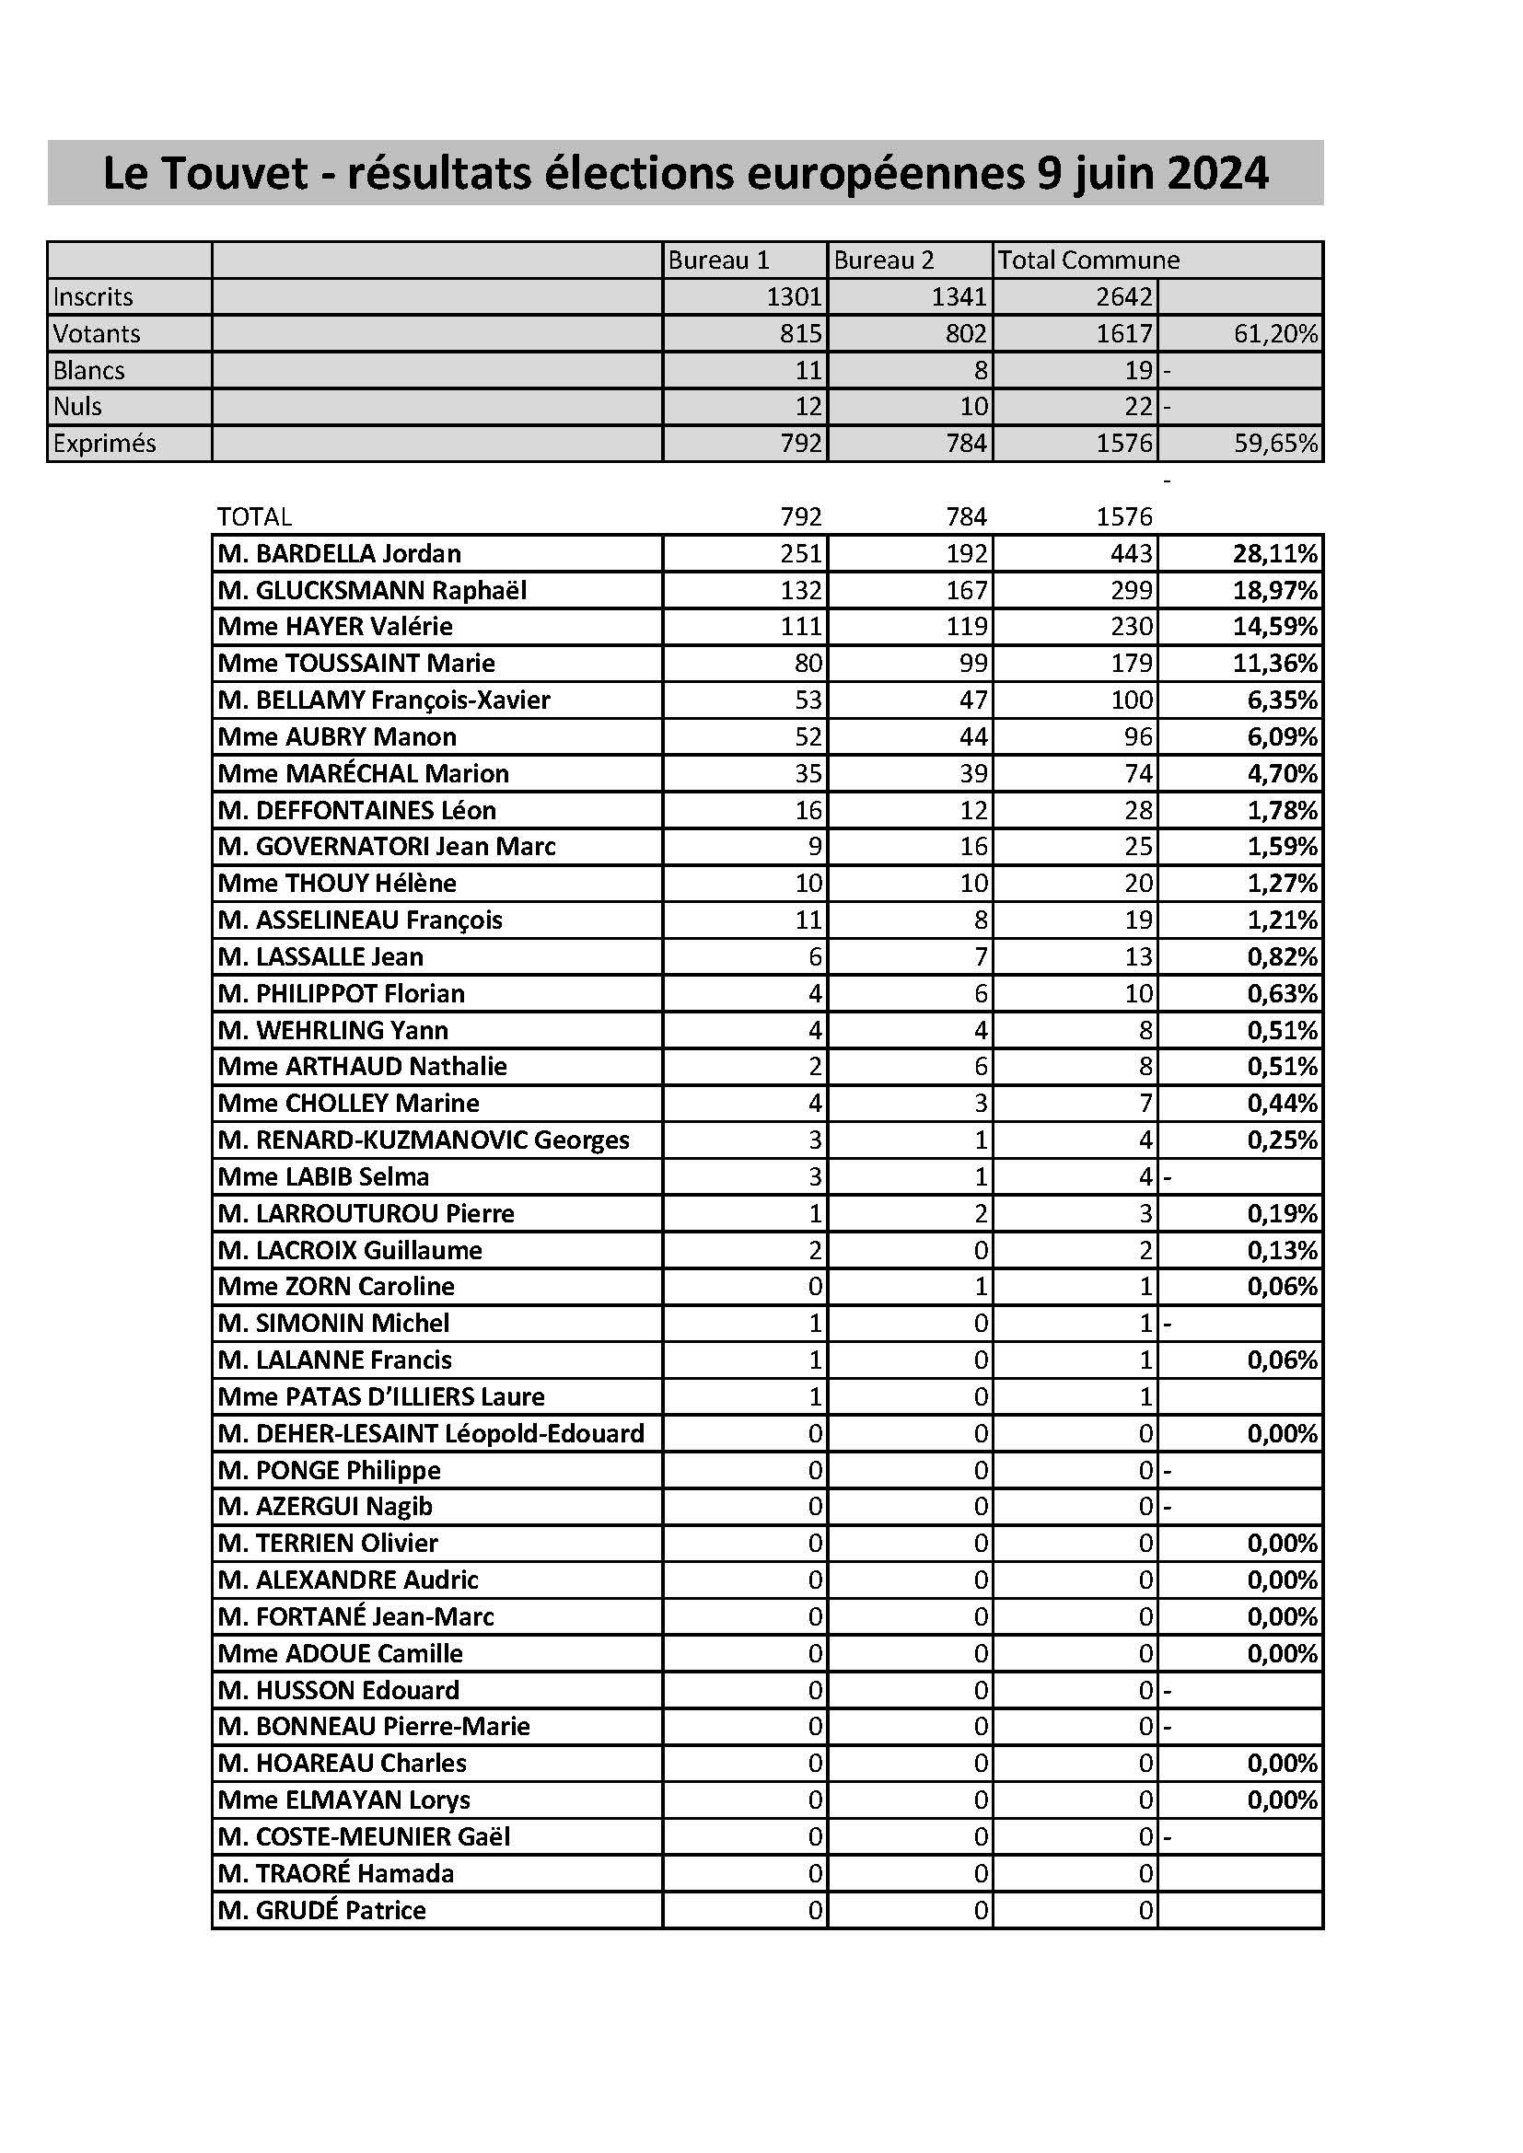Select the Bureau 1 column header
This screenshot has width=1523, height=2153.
[718, 260]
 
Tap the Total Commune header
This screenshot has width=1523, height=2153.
[1087, 260]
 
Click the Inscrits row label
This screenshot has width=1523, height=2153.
[93, 297]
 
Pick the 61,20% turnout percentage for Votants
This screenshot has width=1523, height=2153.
[1275, 334]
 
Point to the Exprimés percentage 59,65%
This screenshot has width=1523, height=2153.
[1275, 444]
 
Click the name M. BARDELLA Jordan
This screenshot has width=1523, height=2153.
[340, 553]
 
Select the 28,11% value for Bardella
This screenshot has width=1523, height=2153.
[1274, 553]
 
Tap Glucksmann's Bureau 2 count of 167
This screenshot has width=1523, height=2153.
[966, 591]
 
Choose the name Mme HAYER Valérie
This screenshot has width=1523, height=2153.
[335, 627]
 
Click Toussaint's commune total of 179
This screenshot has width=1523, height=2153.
[1131, 664]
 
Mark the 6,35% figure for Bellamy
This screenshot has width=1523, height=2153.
[1282, 700]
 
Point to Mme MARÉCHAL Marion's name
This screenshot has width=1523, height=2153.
[363, 773]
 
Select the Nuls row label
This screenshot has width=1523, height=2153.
[78, 407]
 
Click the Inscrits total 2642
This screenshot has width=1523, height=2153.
[1123, 297]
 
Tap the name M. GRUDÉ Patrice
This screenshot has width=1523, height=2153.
[321, 1910]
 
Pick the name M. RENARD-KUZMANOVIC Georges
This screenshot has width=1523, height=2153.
[423, 1140]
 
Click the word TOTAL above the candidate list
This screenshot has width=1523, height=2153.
[254, 516]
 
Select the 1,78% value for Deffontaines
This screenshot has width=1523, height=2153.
[1282, 810]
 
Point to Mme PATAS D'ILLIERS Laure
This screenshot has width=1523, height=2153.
[381, 1397]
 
